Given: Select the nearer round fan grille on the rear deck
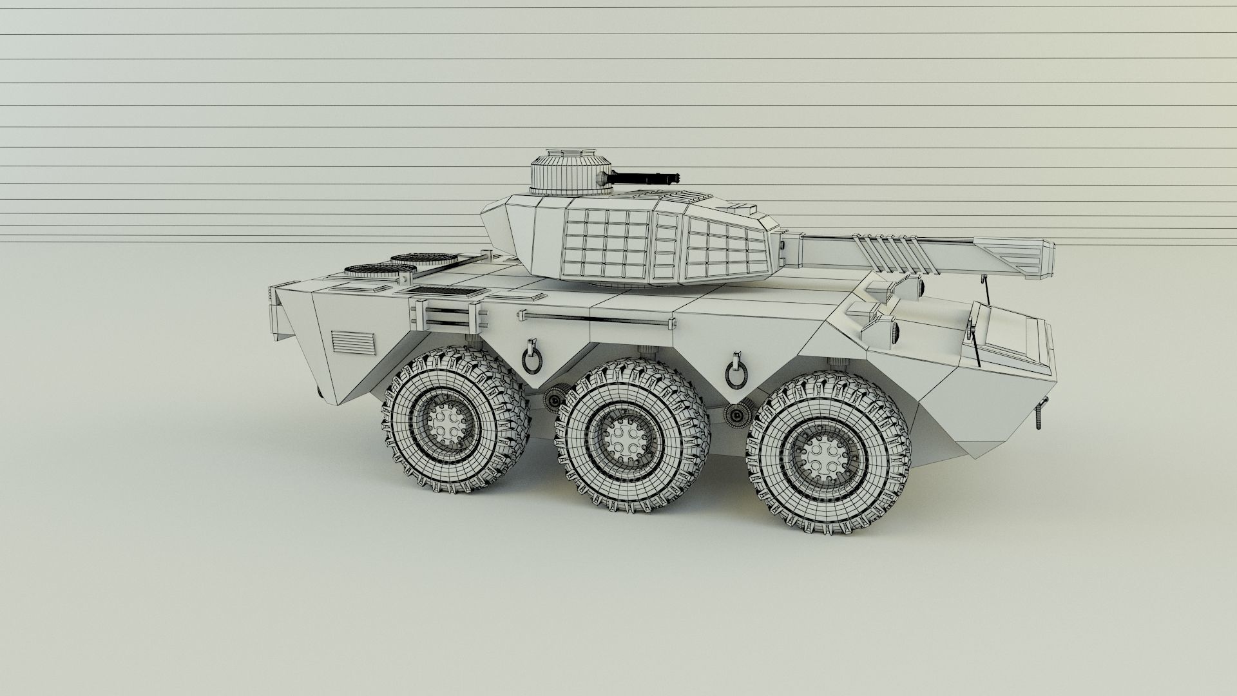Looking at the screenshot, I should click(x=369, y=270).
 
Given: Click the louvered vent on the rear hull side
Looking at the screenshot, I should click(x=353, y=342).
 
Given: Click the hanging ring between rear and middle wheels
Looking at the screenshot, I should click(x=533, y=356).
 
